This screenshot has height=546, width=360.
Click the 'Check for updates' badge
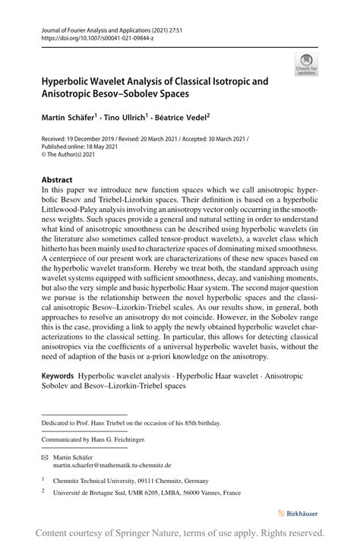[306, 64]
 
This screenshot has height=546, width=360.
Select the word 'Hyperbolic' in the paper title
[68, 80]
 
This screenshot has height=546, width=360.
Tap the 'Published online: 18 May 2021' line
[80, 147]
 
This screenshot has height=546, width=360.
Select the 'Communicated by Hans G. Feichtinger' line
[93, 439]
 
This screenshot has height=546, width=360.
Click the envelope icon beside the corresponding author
[45, 457]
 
